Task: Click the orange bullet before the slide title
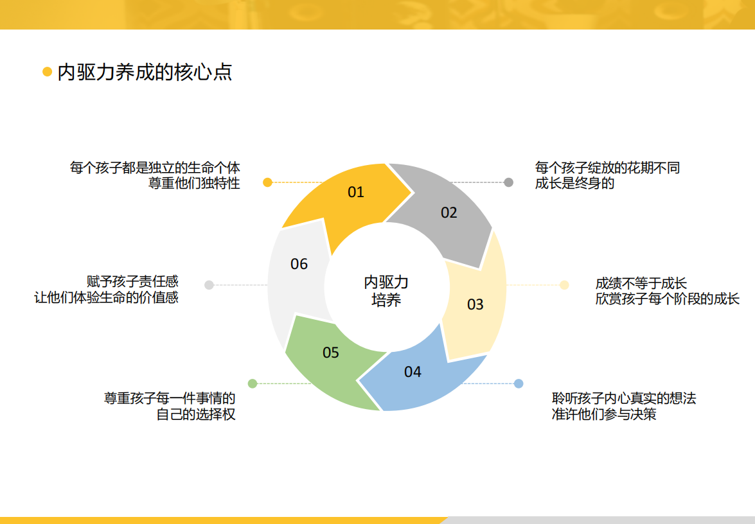(x=47, y=72)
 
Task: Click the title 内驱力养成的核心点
(x=145, y=72)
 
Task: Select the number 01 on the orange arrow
(x=356, y=192)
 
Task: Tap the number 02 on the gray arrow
(x=449, y=212)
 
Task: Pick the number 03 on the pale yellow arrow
(x=475, y=304)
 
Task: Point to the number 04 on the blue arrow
(x=413, y=371)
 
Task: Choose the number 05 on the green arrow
(x=331, y=352)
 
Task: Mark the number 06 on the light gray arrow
(x=299, y=264)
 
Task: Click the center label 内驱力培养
(x=386, y=291)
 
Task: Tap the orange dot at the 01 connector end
(x=268, y=182)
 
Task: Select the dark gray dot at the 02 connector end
(x=508, y=182)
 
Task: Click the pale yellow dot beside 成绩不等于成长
(x=564, y=285)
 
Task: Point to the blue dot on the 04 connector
(x=519, y=383)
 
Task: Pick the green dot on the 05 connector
(x=253, y=383)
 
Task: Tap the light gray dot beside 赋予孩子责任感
(x=209, y=285)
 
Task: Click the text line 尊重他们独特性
(x=194, y=183)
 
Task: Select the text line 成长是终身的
(x=574, y=183)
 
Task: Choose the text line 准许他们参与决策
(x=604, y=414)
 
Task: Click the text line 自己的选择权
(x=196, y=414)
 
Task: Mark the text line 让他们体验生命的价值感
(x=107, y=297)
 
